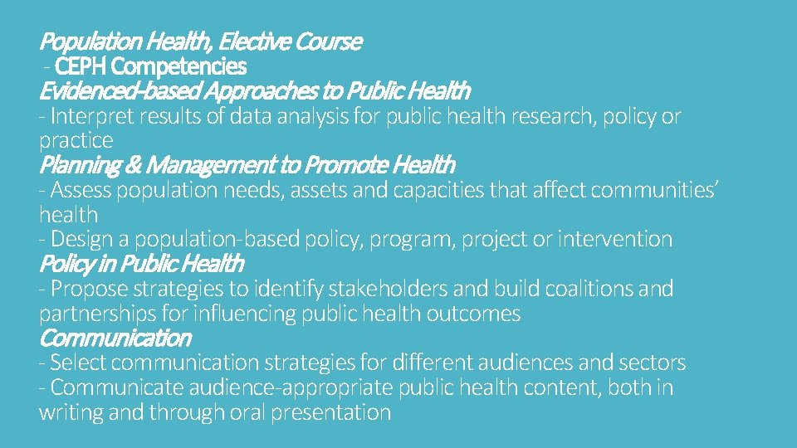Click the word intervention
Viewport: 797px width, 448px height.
tap(615, 239)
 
